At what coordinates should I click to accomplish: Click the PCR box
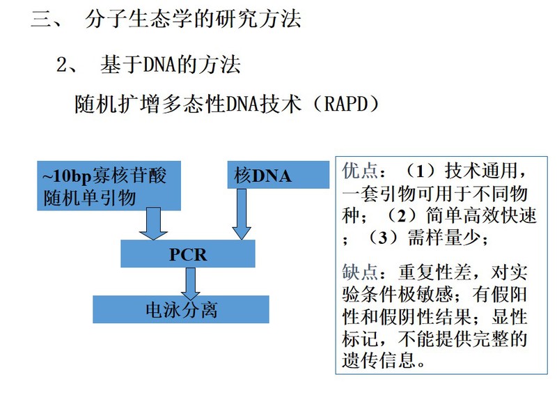click(187, 254)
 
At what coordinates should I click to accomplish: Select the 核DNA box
click(278, 175)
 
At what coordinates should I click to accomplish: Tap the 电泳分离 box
click(181, 309)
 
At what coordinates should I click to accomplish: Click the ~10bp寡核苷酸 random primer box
click(109, 185)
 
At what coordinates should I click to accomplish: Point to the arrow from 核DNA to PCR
click(242, 214)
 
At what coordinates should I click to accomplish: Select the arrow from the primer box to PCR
click(153, 224)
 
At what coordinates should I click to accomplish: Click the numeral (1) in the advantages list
click(420, 171)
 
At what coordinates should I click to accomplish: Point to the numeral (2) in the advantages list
click(402, 215)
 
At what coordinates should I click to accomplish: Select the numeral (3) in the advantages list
click(382, 238)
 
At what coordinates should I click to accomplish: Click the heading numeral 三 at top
click(42, 19)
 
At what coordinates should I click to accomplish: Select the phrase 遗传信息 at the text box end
click(379, 360)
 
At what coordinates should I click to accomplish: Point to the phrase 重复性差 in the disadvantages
click(434, 272)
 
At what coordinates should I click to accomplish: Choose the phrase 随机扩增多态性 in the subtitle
click(150, 104)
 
